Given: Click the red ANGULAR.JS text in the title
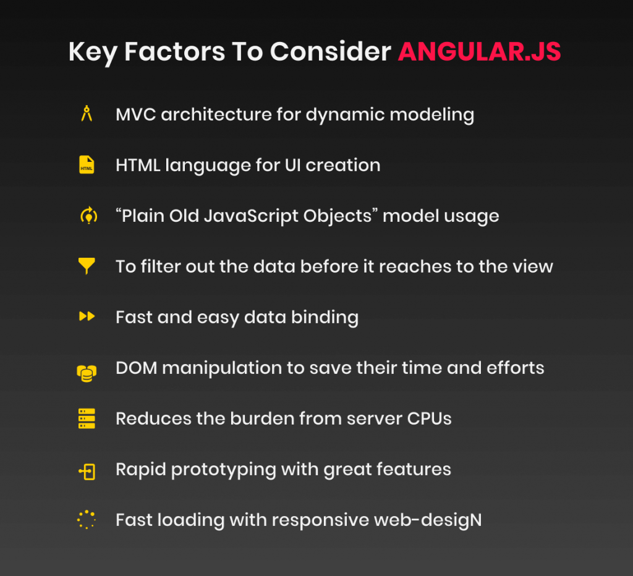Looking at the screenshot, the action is coord(479,52).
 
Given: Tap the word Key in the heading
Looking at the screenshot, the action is coord(93,53).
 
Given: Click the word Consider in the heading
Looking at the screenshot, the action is coord(330,52).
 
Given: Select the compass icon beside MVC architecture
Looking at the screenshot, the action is coord(87,114).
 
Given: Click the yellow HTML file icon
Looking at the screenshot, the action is coord(87,164).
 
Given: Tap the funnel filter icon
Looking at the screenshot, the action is coord(87,266).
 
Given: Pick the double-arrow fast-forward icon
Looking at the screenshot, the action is coord(87,316).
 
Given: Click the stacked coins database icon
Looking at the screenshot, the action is coord(87,373).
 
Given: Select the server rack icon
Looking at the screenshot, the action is coord(87,418).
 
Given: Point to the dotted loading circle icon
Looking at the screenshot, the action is coord(87,520).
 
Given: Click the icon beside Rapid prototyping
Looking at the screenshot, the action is coord(87,472).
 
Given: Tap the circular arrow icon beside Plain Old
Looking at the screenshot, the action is coord(89,216).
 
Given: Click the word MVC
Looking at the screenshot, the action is coord(135,114).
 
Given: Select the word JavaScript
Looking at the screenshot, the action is coord(253,216).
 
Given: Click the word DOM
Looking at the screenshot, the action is coord(137,368).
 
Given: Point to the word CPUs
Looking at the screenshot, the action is coord(429,418).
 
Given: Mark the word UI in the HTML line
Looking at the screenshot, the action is coord(292,166).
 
